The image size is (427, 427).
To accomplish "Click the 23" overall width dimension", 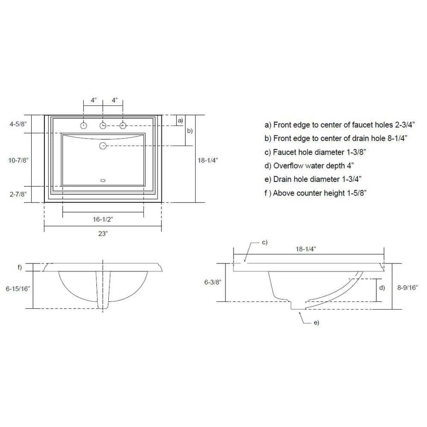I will tap(102, 234).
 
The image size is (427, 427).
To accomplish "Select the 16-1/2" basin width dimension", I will tap(102, 219).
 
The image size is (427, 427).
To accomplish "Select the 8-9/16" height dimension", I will tap(408, 288).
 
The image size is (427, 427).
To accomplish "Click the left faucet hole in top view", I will tap(84, 126).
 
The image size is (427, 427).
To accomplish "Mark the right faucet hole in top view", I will tap(123, 126).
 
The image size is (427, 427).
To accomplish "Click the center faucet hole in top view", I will tap(103, 126).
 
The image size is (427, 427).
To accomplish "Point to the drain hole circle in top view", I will tap(103, 146).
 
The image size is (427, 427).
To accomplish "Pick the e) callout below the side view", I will tap(316, 322).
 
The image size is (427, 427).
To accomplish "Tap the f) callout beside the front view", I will tap(19, 268).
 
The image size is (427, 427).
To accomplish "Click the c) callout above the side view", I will tap(265, 243).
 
